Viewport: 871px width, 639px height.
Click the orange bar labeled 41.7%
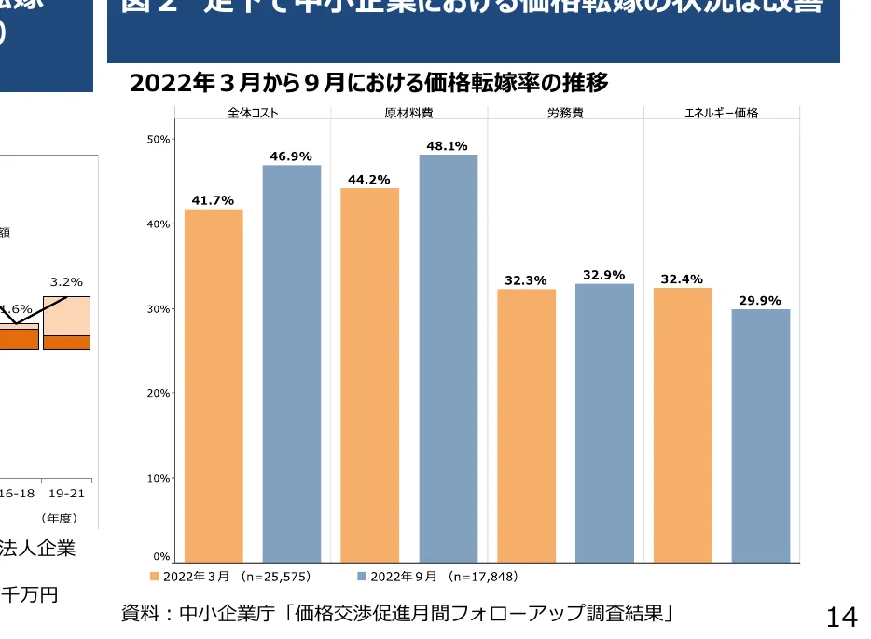coord(214,386)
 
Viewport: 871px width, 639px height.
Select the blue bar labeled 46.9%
coord(292,363)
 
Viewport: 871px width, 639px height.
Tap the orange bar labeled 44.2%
coord(370,374)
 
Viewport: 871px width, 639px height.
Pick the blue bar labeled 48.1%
coord(449,359)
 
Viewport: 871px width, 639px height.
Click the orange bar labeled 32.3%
coord(526,426)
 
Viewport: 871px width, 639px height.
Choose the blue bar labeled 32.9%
coord(604,423)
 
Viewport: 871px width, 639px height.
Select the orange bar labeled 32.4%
coord(683,425)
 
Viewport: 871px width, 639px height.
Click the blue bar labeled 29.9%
coord(761,436)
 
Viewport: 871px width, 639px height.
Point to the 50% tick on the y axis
coord(159,139)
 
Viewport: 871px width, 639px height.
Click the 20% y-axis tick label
coord(159,393)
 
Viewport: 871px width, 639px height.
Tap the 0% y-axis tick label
coord(161,557)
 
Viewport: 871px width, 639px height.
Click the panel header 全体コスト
coord(253,113)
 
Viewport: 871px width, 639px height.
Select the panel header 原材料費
coord(408,113)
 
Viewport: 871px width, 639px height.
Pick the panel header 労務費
coord(565,113)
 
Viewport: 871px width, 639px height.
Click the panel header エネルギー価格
coord(721,113)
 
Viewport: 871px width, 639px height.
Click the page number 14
coord(841,616)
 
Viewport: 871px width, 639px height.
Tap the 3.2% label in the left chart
coord(66,281)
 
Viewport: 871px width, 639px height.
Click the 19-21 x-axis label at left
coord(67,493)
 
